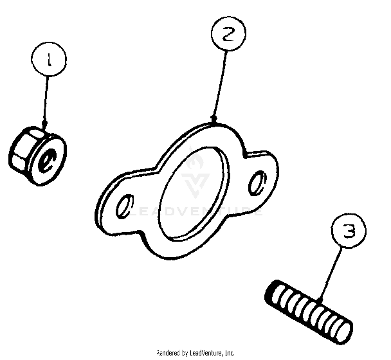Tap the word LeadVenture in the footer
(206, 352)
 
